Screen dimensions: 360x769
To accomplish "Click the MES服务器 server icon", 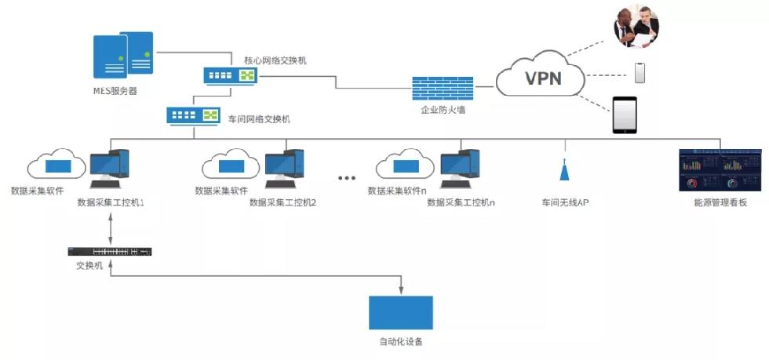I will [123, 56].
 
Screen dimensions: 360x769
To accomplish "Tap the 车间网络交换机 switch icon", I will [192, 116].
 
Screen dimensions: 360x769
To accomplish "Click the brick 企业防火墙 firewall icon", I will [443, 88].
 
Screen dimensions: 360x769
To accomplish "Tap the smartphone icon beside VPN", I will [640, 73].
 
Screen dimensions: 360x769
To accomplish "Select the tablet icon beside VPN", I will [625, 115].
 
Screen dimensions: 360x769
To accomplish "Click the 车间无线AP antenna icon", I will [564, 172].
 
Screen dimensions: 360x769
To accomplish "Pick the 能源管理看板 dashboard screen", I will [720, 170].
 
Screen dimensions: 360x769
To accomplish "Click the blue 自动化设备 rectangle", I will [400, 312].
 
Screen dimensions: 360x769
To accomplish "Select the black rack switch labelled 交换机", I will [110, 252].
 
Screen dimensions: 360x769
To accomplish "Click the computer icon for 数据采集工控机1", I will [109, 168].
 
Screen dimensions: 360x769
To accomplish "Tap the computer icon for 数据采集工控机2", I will [283, 168].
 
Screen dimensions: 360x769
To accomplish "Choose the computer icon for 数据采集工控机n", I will [459, 168].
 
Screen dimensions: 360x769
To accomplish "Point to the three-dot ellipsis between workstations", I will [346, 178].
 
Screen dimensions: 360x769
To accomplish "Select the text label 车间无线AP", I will [565, 202].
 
